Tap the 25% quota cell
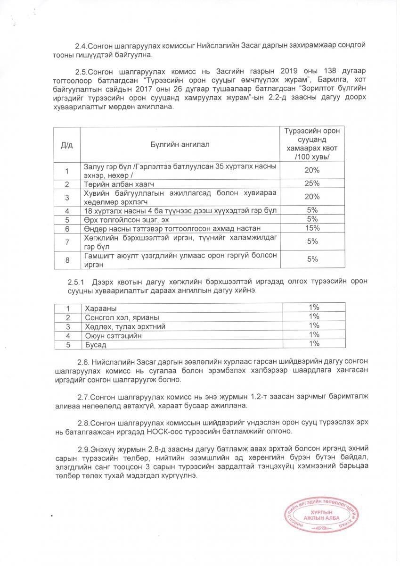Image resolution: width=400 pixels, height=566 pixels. pos(313,183)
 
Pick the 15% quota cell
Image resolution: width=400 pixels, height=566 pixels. pos(313,228)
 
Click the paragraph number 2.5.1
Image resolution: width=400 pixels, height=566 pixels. pos(75,282)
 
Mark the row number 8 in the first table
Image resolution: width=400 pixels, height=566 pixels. pos(67,259)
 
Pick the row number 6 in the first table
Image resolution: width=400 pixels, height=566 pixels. pos(67,228)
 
